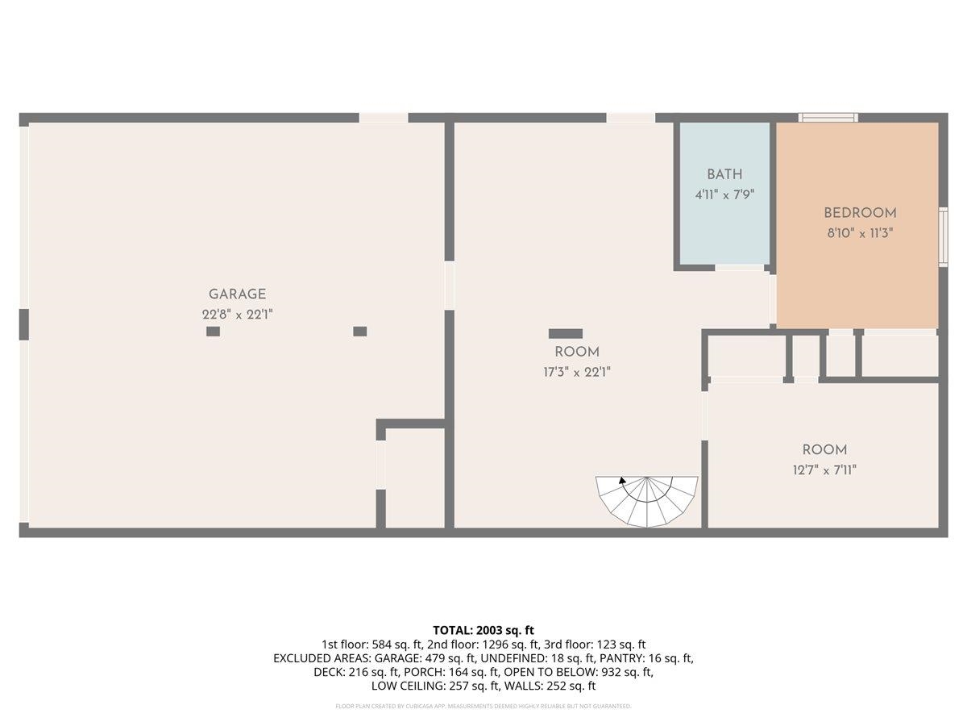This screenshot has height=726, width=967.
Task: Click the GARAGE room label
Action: click(x=237, y=294)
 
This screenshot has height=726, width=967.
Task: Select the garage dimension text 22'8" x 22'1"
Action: click(x=237, y=315)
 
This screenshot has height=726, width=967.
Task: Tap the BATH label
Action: click(x=724, y=174)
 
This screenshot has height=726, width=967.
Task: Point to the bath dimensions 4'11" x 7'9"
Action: click(x=724, y=194)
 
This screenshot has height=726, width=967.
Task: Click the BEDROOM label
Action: click(x=860, y=213)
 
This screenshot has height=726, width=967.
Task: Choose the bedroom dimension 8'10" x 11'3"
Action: click(x=860, y=233)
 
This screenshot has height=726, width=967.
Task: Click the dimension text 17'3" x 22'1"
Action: click(x=577, y=372)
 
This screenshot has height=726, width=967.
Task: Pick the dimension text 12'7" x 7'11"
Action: click(x=824, y=470)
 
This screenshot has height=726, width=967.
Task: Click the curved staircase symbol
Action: click(x=647, y=501)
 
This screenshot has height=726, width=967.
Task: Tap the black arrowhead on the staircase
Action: click(x=622, y=481)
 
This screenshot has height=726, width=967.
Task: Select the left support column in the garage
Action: click(x=213, y=332)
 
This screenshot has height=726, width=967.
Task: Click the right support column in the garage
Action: click(x=360, y=331)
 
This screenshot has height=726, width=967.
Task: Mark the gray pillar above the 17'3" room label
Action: click(x=566, y=333)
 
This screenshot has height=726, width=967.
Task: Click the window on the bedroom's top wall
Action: click(x=828, y=118)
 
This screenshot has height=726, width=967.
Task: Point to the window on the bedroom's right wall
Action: click(x=943, y=236)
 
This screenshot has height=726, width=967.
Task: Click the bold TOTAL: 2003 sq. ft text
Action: click(x=483, y=630)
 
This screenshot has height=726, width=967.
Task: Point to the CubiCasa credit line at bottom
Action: click(x=483, y=706)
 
